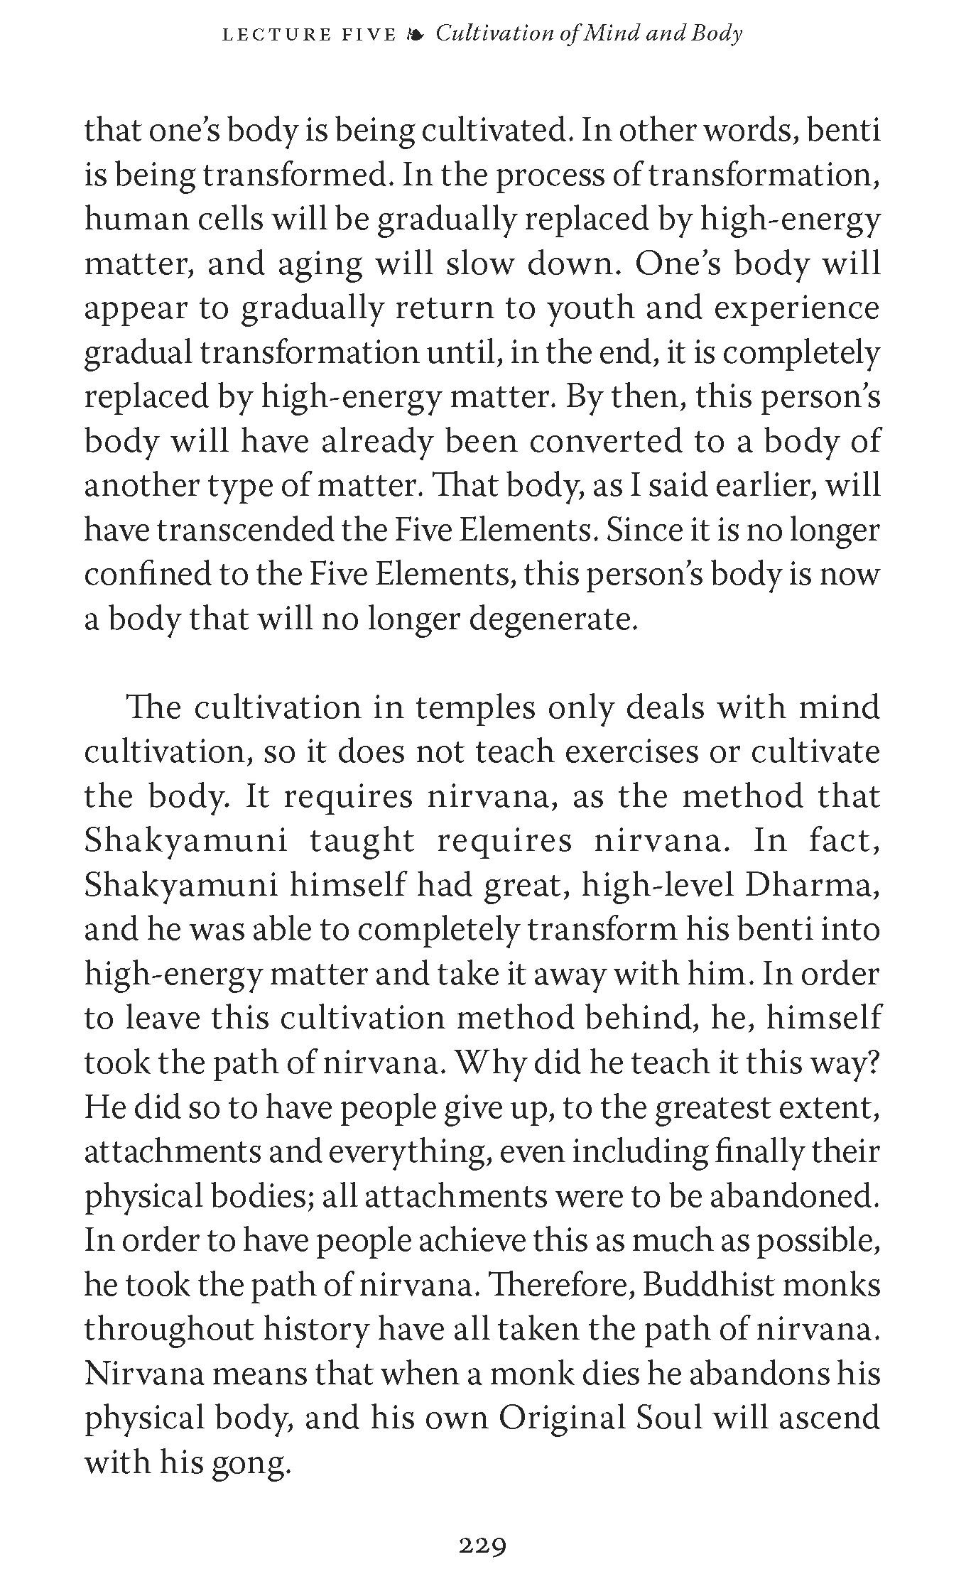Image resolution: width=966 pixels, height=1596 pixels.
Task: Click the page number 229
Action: (x=482, y=1545)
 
